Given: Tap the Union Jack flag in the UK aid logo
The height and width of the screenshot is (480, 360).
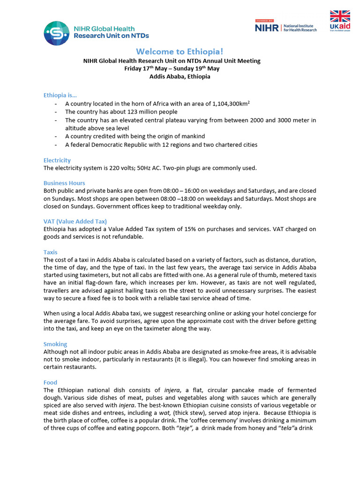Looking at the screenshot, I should pyautogui.click(x=340, y=16).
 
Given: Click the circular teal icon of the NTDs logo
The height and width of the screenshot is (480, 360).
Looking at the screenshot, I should pyautogui.click(x=57, y=33).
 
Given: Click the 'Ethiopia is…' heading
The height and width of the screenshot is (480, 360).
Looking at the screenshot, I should pyautogui.click(x=60, y=95).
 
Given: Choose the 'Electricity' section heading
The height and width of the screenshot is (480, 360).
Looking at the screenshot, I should pyautogui.click(x=57, y=160).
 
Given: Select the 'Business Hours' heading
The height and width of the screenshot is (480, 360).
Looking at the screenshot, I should pyautogui.click(x=64, y=183).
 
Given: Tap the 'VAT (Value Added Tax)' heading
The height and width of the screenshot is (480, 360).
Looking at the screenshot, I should pyautogui.click(x=75, y=221).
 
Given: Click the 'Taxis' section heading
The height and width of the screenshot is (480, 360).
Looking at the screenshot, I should pyautogui.click(x=51, y=252).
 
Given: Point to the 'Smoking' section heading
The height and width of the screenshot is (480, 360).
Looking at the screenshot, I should pyautogui.click(x=55, y=344).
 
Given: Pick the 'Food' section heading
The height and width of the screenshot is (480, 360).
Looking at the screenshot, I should pyautogui.click(x=50, y=382).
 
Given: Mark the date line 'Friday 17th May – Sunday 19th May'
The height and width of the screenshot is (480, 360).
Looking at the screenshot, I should pyautogui.click(x=172, y=68).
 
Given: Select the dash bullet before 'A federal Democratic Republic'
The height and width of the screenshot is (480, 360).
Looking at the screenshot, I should pyautogui.click(x=57, y=145).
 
